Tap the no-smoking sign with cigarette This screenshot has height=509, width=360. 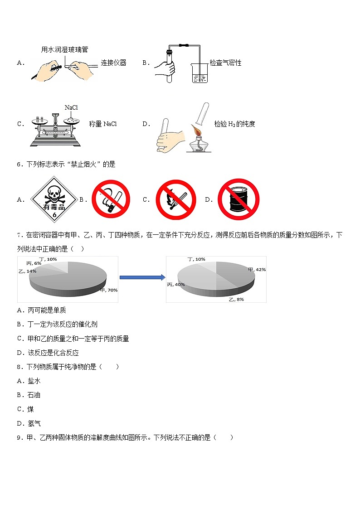point(111,199)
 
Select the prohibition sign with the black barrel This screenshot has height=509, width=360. point(238,199)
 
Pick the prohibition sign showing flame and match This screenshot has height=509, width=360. point(176,199)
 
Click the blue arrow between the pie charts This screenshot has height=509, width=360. point(142,277)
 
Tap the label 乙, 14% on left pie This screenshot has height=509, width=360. point(27,271)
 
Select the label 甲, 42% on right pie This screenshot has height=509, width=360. point(257,270)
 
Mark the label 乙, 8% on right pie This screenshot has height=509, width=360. point(236,300)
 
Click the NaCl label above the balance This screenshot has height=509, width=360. point(72,107)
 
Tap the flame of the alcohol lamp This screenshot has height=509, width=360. point(198,131)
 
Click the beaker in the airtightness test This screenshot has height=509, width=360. point(199,73)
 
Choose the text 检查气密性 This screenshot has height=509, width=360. point(225,63)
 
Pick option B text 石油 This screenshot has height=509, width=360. point(34,395)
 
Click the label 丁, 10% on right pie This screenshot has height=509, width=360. point(196,259)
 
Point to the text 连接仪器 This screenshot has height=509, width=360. point(113,63)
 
